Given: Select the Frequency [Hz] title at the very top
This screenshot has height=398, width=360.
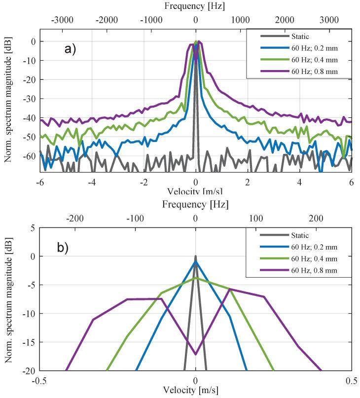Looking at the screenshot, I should click(196, 6).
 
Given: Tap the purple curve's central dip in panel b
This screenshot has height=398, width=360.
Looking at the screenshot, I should click(196, 354).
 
